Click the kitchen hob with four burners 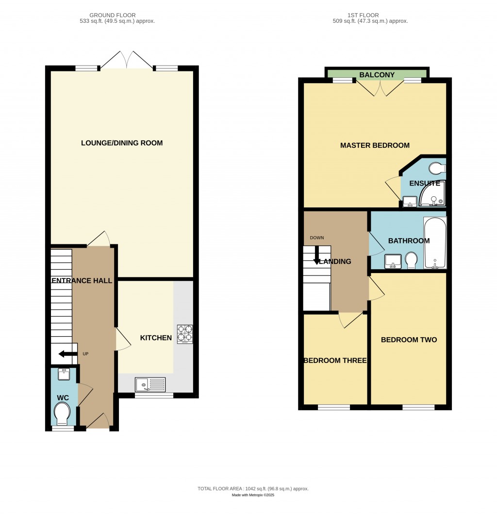(x=185, y=334)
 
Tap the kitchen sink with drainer (x=150, y=385)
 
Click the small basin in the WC (x=64, y=374)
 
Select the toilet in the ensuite (x=437, y=168)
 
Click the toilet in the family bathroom (x=411, y=259)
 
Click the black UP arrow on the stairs (x=67, y=354)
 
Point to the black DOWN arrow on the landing (x=317, y=256)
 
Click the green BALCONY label (x=377, y=75)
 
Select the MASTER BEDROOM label (x=375, y=145)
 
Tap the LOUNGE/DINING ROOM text (x=122, y=143)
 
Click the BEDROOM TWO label (x=409, y=340)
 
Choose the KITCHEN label (x=156, y=338)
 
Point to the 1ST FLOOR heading (x=377, y=15)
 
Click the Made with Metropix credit (x=253, y=495)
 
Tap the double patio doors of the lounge (x=127, y=61)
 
